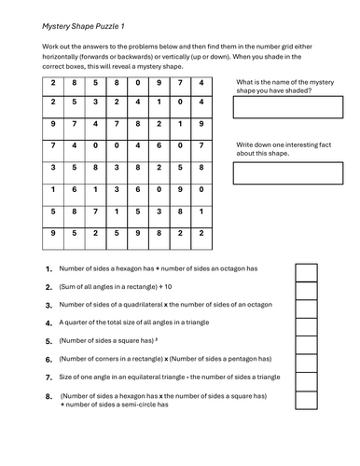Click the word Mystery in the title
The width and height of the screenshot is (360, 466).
click(x=58, y=26)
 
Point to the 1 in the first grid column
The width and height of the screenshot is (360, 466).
click(x=53, y=189)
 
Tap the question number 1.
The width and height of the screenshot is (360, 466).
click(x=48, y=268)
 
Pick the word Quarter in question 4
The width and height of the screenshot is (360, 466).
click(x=78, y=322)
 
